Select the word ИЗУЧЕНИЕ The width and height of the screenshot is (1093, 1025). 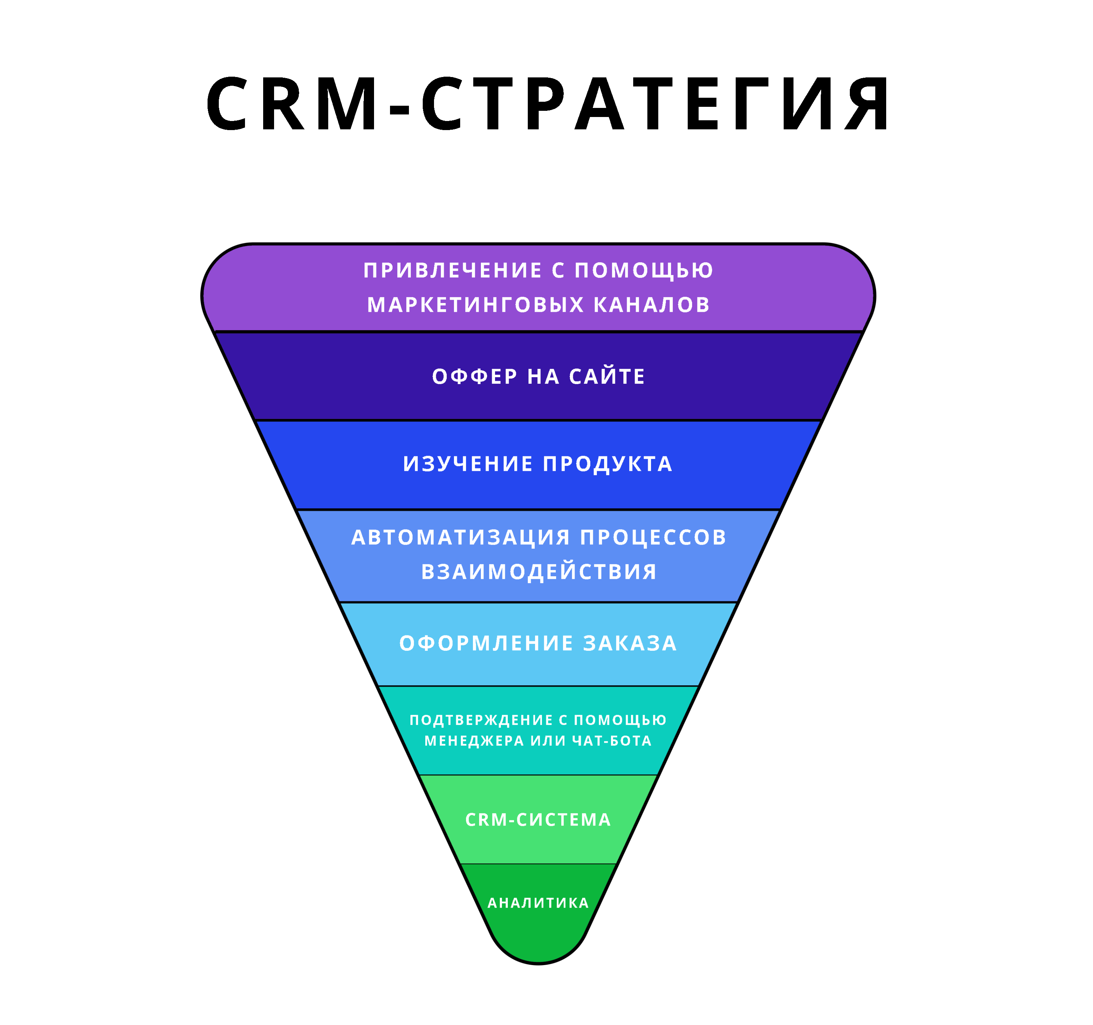click(468, 464)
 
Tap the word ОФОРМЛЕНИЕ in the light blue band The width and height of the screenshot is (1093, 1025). click(487, 644)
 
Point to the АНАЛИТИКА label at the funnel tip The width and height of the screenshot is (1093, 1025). click(538, 904)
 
